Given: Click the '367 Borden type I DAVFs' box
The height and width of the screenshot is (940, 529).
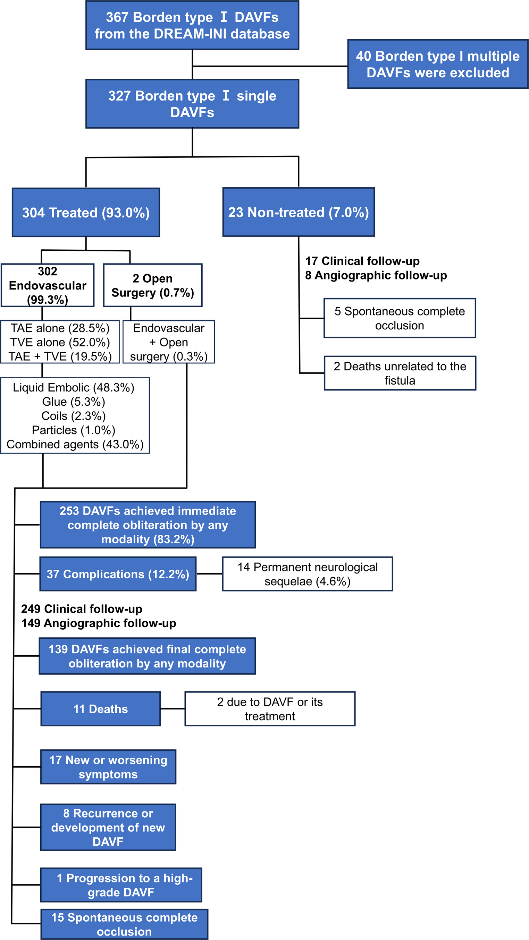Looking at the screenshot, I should click(x=192, y=25).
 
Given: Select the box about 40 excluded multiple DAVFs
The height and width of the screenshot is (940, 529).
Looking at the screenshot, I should click(x=437, y=64).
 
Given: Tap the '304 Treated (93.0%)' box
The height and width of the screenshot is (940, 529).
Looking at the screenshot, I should click(x=86, y=213).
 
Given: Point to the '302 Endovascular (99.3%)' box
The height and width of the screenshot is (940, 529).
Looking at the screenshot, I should click(x=48, y=285).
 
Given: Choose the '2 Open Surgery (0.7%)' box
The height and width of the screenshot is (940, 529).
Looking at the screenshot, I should click(x=153, y=285).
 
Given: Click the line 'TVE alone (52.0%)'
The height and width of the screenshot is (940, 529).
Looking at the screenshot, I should click(x=60, y=342).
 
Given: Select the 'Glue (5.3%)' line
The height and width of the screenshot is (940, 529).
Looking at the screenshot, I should click(x=74, y=402).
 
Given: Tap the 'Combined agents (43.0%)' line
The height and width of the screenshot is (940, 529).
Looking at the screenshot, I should click(x=75, y=444).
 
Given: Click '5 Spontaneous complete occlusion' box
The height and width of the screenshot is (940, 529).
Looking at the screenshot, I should click(x=399, y=318).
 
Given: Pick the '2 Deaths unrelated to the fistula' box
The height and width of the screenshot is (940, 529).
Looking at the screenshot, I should click(x=400, y=373).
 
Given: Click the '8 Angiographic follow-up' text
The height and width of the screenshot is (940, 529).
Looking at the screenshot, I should click(x=376, y=275).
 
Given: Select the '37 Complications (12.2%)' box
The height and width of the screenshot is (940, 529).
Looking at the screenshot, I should click(x=118, y=574).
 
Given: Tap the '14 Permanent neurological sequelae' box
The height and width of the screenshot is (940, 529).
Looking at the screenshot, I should click(x=307, y=574).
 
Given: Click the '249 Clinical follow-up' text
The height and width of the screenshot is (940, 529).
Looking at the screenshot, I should click(x=82, y=609).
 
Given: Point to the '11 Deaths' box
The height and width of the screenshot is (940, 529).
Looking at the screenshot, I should click(x=100, y=709).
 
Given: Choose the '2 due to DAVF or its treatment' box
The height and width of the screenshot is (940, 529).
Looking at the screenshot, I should click(x=270, y=709).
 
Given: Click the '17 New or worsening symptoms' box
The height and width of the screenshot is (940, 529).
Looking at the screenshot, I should click(x=108, y=767).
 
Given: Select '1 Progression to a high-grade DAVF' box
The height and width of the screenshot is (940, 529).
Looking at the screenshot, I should click(x=121, y=885).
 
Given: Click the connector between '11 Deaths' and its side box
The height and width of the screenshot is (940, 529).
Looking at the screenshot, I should click(x=173, y=709).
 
